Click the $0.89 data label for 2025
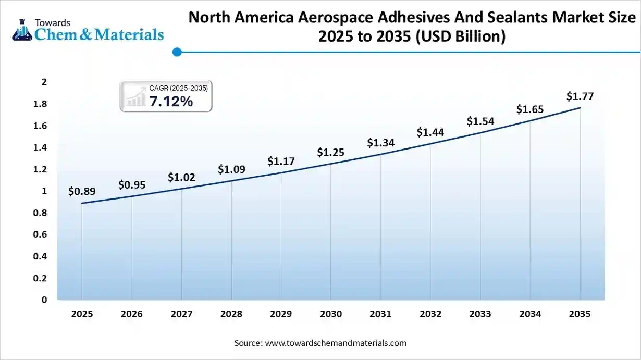82,191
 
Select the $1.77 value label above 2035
580,96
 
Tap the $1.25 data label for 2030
331,152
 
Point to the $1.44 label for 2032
430,132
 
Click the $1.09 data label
231,169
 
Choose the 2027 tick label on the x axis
181,314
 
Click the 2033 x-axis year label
480,314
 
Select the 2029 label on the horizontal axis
281,314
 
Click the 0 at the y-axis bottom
44,300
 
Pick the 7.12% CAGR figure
171,102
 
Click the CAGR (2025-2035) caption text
178,88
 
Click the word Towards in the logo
53,22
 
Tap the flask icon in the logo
22,31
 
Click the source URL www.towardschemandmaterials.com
336,343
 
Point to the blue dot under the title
177,52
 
